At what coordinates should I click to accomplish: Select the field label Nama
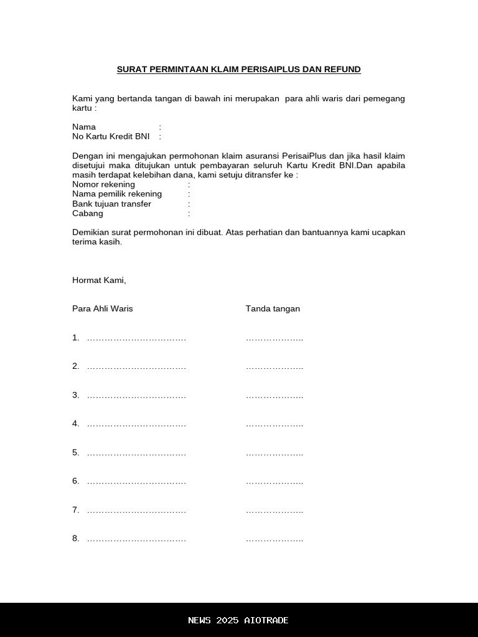[x=84, y=127]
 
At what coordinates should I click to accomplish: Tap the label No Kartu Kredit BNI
[x=111, y=136]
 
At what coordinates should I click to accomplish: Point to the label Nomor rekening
[x=103, y=185]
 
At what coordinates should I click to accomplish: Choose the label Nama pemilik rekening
[x=117, y=194]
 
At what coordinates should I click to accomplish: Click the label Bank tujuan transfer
[x=111, y=204]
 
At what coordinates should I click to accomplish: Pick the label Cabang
[x=88, y=213]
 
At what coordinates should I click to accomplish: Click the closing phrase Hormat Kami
[x=99, y=281]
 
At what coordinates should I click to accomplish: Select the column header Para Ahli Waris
[x=103, y=309]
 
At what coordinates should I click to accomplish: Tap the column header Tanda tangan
[x=273, y=309]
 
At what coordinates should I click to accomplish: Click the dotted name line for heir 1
[x=136, y=339]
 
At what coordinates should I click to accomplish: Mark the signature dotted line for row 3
[x=274, y=396]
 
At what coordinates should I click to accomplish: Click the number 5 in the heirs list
[x=75, y=452]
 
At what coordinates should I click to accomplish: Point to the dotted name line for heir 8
[x=136, y=539]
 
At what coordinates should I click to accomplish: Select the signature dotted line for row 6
[x=274, y=482]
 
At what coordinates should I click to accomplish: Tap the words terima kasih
[x=96, y=242]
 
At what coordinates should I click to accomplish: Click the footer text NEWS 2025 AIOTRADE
[x=238, y=620]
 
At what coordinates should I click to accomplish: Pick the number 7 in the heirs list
[x=75, y=510]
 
